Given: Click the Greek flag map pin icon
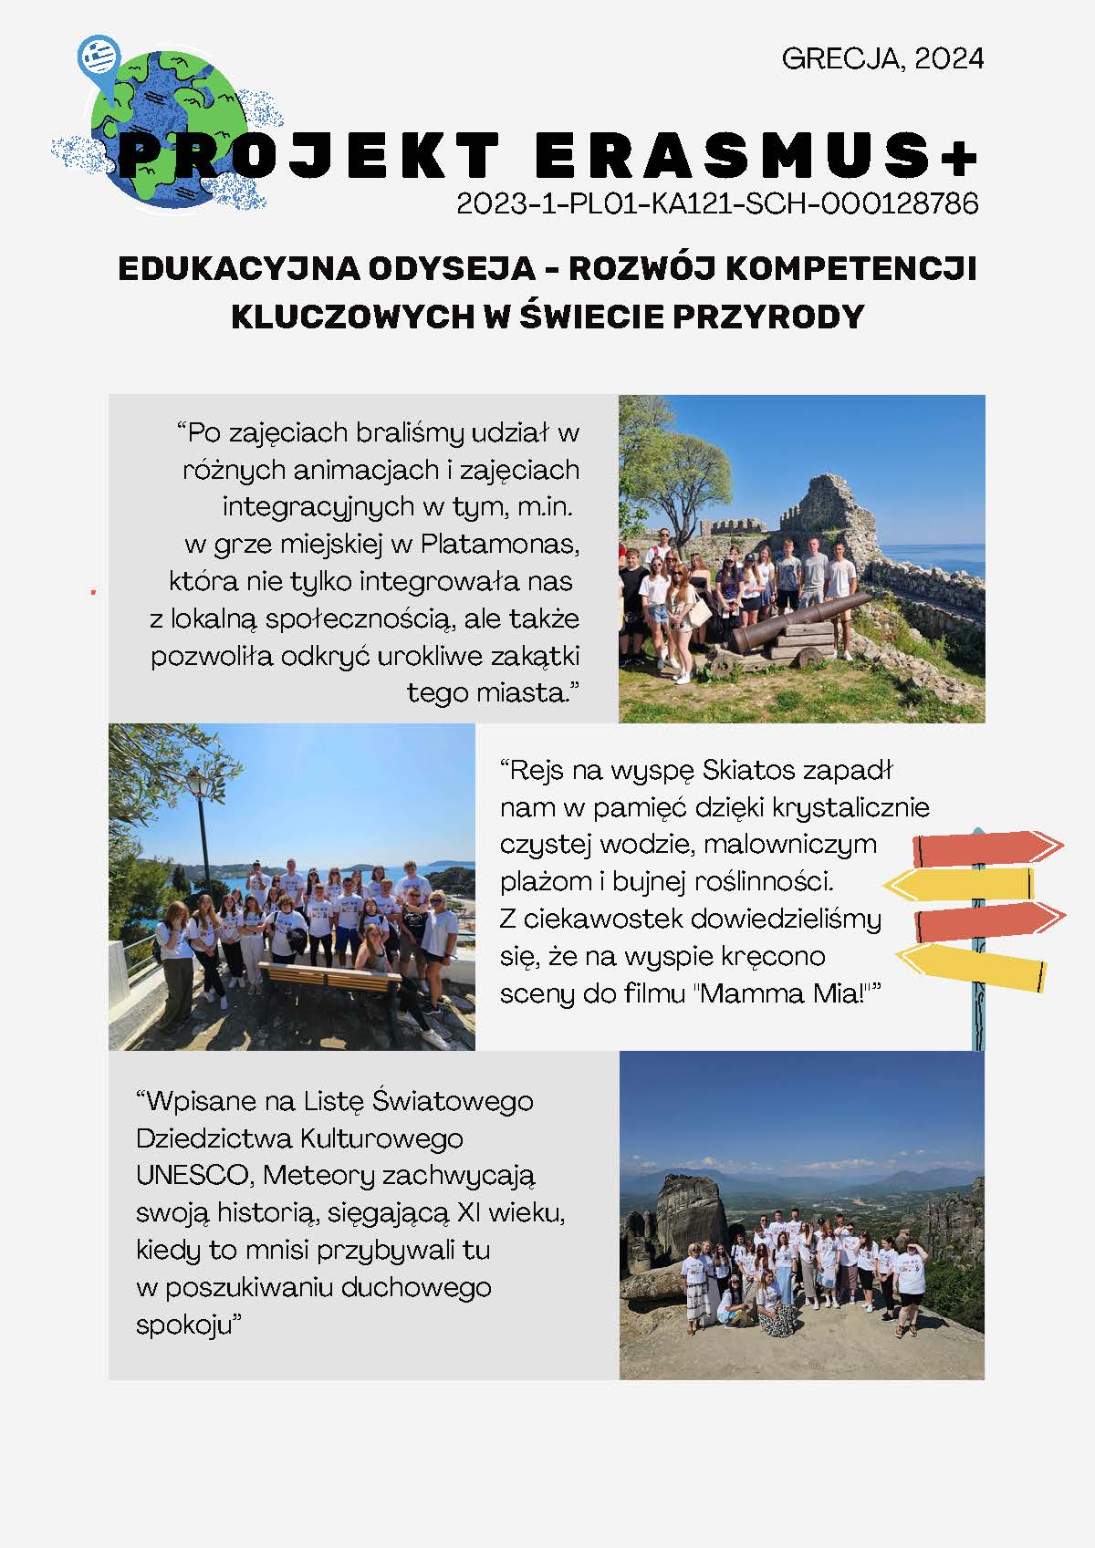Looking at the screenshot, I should [x=99, y=58].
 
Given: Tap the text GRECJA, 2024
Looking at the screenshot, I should [x=882, y=59].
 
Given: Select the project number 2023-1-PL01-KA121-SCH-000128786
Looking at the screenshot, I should [x=717, y=203].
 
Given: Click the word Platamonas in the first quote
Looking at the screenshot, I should [x=499, y=545].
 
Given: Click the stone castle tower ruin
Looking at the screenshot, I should [x=826, y=511].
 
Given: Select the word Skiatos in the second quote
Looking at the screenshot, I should [x=749, y=771].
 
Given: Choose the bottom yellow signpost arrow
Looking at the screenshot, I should [x=972, y=967].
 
